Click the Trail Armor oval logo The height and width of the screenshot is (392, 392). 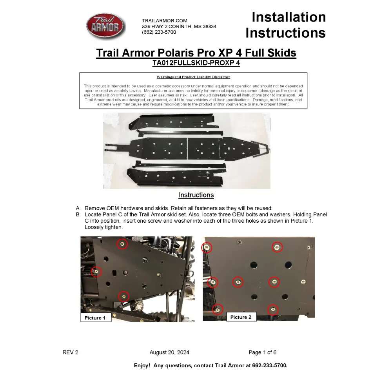(105, 26)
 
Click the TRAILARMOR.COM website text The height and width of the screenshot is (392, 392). (165, 20)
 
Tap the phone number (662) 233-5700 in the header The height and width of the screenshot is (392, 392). (159, 32)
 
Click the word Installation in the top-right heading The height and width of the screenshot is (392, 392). (289, 17)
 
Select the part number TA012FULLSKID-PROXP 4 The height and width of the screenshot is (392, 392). (196, 63)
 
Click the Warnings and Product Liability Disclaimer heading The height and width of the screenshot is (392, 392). (193, 77)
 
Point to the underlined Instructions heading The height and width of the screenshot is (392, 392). (196, 195)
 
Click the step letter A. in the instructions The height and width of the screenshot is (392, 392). (78, 208)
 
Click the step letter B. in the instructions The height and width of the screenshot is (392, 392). (78, 215)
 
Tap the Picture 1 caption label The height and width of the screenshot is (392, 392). (95, 318)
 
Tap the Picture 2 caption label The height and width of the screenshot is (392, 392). (241, 317)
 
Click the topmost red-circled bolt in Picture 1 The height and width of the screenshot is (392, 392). (122, 244)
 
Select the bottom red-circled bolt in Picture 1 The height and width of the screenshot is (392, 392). (123, 296)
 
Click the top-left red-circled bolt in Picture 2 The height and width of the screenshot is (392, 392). (207, 247)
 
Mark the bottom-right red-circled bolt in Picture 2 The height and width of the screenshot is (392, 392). (273, 310)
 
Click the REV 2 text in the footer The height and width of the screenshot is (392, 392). (71, 352)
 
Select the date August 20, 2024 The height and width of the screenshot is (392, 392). (169, 352)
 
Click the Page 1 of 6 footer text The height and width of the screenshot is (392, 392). (262, 352)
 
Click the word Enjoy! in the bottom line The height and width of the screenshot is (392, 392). (142, 365)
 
